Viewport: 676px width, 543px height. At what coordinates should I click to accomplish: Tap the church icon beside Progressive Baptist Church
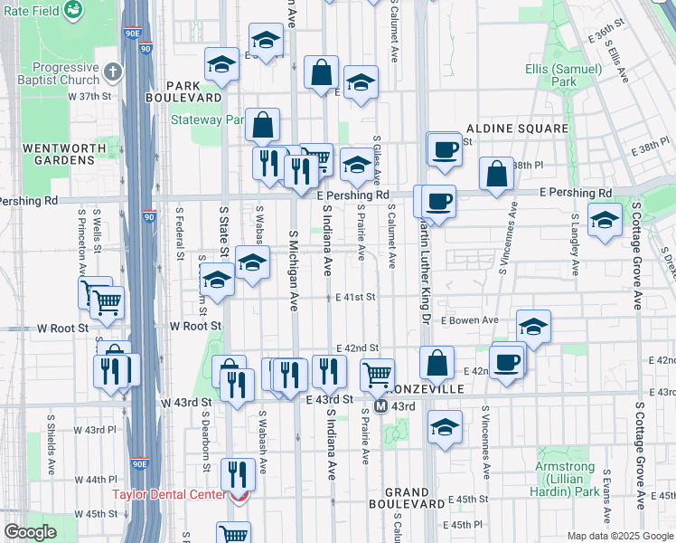pyautogui.click(x=112, y=71)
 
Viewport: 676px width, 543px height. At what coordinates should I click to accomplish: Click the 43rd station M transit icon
pyautogui.click(x=381, y=406)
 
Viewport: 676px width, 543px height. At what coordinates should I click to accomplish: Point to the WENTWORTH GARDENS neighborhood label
pyautogui.click(x=58, y=154)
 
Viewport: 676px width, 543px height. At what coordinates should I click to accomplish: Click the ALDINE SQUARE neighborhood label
pyautogui.click(x=517, y=129)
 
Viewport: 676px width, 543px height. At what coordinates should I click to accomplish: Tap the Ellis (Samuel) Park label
pyautogui.click(x=564, y=75)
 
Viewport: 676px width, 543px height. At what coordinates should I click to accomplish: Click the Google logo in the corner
pyautogui.click(x=29, y=532)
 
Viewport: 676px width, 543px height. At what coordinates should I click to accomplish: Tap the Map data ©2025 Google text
pyautogui.click(x=620, y=536)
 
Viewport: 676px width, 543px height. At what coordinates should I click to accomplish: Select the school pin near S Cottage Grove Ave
pyautogui.click(x=604, y=219)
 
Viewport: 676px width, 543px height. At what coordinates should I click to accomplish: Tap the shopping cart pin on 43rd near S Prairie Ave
pyautogui.click(x=377, y=372)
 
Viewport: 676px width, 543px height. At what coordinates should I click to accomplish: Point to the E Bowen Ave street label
pyautogui.click(x=470, y=320)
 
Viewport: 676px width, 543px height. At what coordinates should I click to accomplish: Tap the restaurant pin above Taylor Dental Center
pyautogui.click(x=237, y=472)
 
